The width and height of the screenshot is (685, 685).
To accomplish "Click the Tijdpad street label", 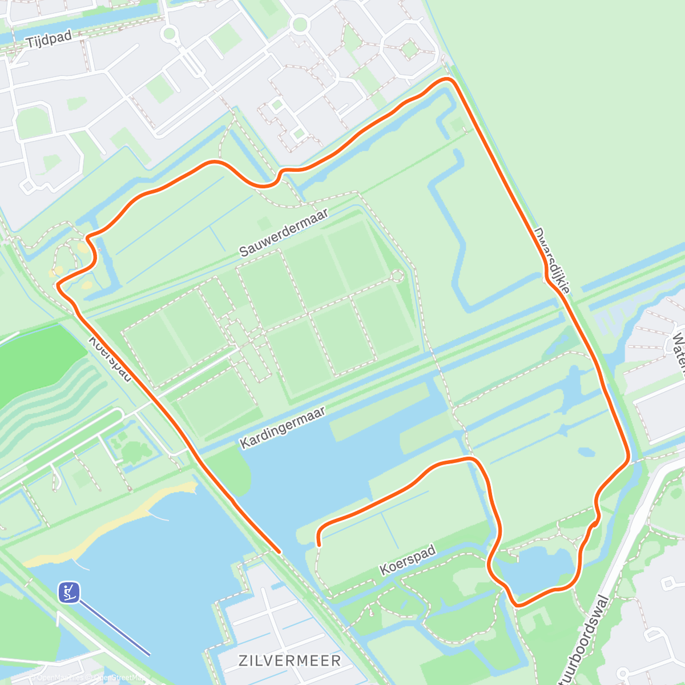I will pyautogui.click(x=49, y=39).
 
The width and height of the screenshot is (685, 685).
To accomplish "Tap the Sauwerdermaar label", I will pyautogui.click(x=284, y=232).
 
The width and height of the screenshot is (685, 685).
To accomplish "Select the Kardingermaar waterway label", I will pyautogui.click(x=283, y=427).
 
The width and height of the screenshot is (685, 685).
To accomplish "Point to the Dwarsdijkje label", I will pyautogui.click(x=552, y=260).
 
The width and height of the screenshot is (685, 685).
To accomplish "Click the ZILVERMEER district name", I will pyautogui.click(x=290, y=661).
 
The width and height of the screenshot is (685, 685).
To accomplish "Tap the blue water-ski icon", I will pyautogui.click(x=68, y=592).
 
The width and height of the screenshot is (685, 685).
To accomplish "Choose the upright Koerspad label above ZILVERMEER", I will pyautogui.click(x=408, y=559).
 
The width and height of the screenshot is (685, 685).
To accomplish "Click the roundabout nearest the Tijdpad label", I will pyautogui.click(x=168, y=33).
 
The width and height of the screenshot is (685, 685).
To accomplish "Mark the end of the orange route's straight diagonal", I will pyautogui.click(x=279, y=551).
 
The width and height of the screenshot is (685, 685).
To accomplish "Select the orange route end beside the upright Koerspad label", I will pyautogui.click(x=319, y=545).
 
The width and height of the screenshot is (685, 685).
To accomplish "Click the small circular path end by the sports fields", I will pyautogui.click(x=397, y=276).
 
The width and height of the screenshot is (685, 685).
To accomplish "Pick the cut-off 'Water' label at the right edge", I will pyautogui.click(x=678, y=354).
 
